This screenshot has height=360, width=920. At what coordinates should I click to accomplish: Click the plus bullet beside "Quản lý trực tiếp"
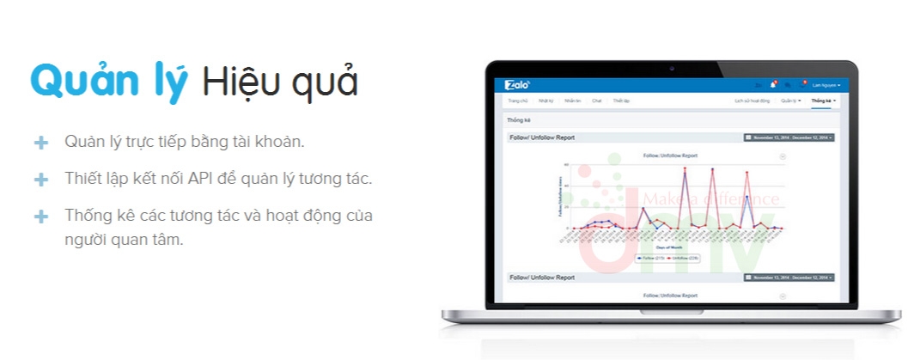(x=40, y=142)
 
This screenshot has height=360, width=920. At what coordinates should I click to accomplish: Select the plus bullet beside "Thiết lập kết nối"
(x=40, y=180)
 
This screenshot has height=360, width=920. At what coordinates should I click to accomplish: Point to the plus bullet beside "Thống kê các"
(x=40, y=216)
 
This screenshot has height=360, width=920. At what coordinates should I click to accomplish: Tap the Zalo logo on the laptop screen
(x=518, y=84)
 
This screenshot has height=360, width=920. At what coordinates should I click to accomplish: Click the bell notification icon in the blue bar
(x=773, y=85)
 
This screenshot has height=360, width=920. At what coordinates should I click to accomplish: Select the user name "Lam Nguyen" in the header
(x=826, y=85)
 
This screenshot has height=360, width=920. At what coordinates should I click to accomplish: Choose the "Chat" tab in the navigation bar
(x=596, y=101)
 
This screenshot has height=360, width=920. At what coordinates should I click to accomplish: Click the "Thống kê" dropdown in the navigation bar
(x=823, y=101)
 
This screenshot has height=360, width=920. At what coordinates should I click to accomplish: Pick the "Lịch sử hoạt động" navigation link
(x=750, y=101)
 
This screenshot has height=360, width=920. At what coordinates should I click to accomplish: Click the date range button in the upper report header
(x=789, y=137)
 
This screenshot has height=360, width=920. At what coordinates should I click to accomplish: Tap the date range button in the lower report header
(x=789, y=278)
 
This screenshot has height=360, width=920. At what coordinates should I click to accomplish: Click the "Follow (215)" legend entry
(x=649, y=257)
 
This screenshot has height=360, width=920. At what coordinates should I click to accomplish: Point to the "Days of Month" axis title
(x=671, y=247)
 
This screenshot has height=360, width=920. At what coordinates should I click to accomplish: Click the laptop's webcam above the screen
(x=671, y=68)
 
